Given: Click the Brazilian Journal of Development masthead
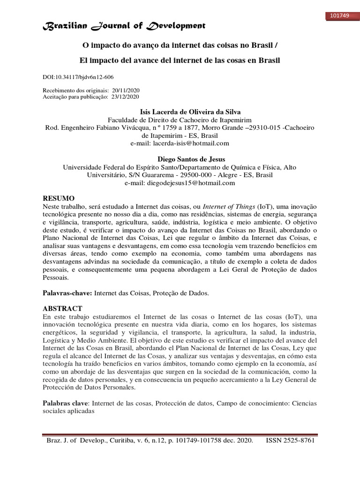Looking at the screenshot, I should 124,26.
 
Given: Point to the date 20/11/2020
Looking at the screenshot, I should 126,90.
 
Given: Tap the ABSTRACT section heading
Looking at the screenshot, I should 62,308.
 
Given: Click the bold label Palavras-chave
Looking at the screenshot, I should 67,293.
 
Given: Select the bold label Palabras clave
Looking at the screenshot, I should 66,403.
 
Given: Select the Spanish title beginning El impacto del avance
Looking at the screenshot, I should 180,60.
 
